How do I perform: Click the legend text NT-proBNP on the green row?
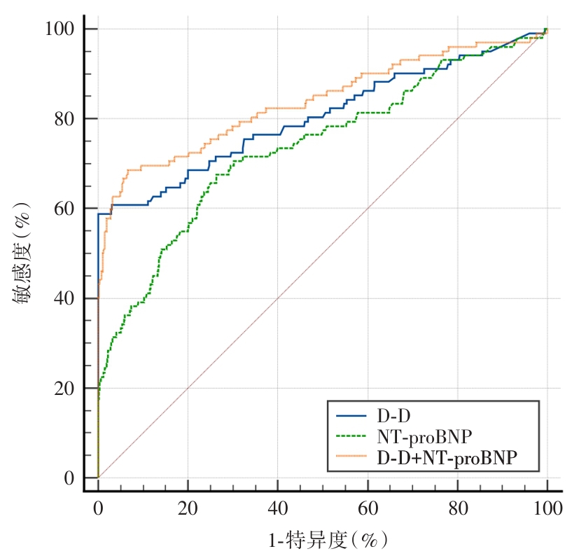coord(424,438)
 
